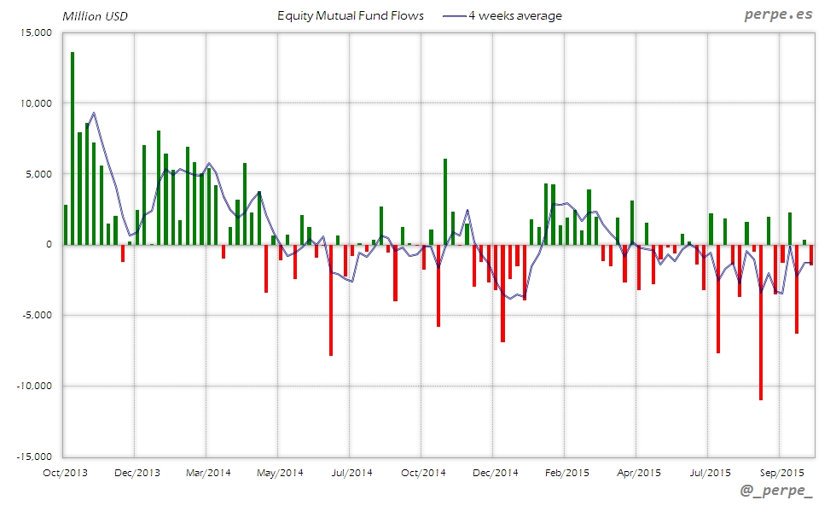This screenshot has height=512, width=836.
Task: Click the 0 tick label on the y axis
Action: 49,245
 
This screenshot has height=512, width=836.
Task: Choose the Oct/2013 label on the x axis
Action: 65,472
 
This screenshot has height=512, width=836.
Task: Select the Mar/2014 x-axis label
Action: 207,472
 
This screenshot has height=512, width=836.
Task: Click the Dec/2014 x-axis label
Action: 495,472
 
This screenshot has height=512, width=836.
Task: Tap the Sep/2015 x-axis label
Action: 781,472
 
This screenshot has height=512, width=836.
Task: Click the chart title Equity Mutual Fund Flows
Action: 351,16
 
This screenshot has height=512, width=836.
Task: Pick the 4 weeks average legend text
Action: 515,16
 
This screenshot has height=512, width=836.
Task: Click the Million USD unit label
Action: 95,16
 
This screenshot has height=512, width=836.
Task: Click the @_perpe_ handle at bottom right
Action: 777,492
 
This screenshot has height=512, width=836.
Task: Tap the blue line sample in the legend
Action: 454,16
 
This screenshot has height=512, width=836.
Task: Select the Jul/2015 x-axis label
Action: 710,472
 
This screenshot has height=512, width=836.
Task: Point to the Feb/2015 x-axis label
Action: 566,472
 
